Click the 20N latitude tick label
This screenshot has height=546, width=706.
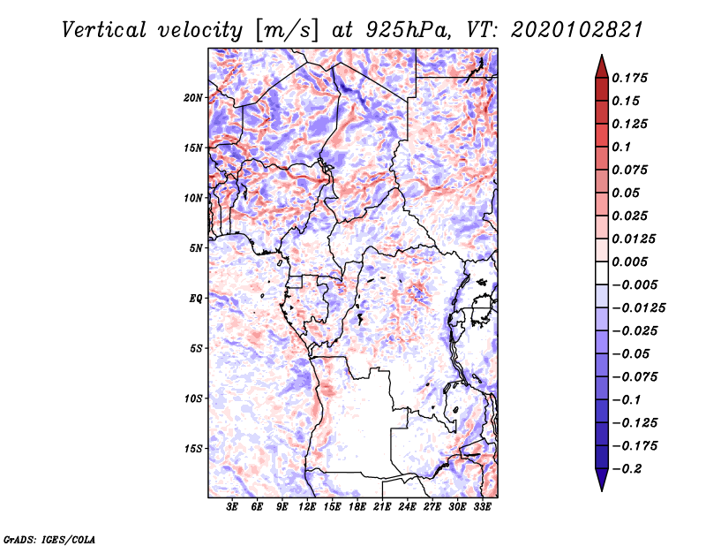193,97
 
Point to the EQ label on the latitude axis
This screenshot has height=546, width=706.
196,299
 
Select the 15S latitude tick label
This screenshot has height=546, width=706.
193,449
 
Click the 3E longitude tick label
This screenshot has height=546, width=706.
232,508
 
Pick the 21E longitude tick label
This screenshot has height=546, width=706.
382,508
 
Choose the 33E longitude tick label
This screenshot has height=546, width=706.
482,508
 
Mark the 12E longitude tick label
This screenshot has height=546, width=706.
307,508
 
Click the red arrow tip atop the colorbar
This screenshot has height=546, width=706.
601,60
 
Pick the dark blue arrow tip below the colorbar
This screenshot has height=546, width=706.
601,485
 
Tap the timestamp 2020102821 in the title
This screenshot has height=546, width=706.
566,29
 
